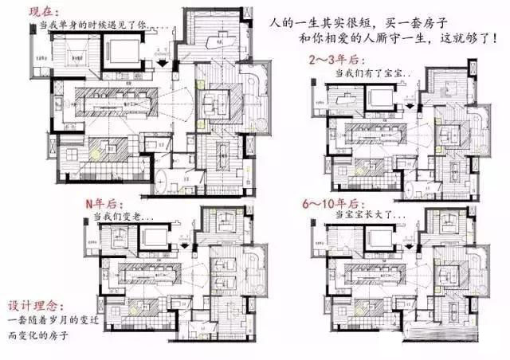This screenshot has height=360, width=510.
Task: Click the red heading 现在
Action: pos(43,11)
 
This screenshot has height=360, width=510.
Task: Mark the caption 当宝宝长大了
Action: pos(368,215)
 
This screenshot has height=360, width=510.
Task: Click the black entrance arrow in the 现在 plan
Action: pos(162,62)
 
